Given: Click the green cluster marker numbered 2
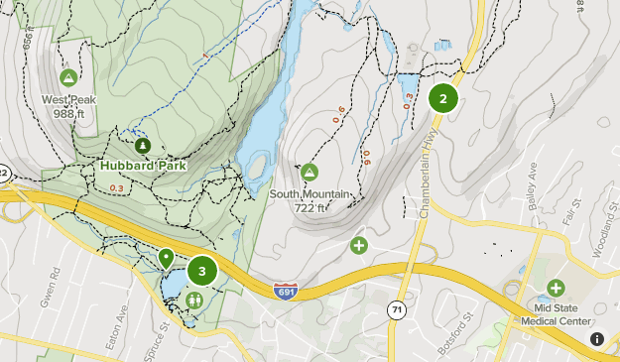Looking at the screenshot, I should (x=442, y=98).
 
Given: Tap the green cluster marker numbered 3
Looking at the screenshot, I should (x=202, y=271).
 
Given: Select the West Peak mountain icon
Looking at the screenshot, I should (x=68, y=77).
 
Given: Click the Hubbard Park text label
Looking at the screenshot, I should (x=144, y=166).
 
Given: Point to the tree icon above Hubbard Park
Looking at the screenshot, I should (x=144, y=146).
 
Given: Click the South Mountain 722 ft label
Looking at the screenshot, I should (x=310, y=201).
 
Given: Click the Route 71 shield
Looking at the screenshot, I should (x=398, y=310).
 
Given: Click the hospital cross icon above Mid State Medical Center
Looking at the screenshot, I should (x=556, y=288).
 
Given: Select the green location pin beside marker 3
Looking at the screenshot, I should (x=166, y=259).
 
